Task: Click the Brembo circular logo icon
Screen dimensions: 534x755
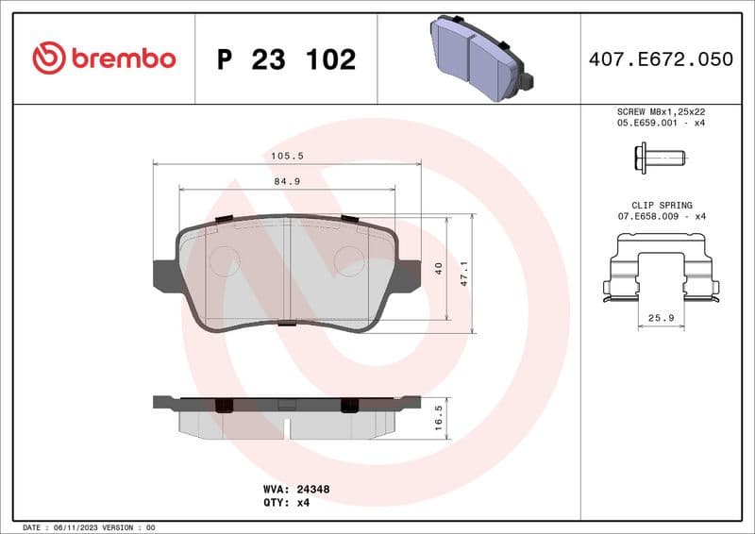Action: (x=48, y=58)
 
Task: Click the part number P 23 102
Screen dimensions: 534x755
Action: (x=286, y=59)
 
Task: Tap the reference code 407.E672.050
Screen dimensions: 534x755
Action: (x=661, y=59)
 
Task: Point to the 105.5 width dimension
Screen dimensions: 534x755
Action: (x=288, y=156)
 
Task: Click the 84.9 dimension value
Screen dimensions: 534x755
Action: (x=287, y=182)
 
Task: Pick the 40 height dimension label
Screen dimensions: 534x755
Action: (x=438, y=269)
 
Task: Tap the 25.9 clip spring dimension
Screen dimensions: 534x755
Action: (x=661, y=318)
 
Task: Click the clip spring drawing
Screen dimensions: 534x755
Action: (x=661, y=268)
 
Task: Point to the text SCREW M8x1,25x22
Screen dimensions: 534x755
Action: (x=661, y=110)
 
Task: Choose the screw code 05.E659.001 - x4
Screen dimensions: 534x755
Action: (x=661, y=123)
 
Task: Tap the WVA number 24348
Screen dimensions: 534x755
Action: (x=312, y=490)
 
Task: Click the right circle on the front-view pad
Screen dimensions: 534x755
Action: (x=350, y=259)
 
